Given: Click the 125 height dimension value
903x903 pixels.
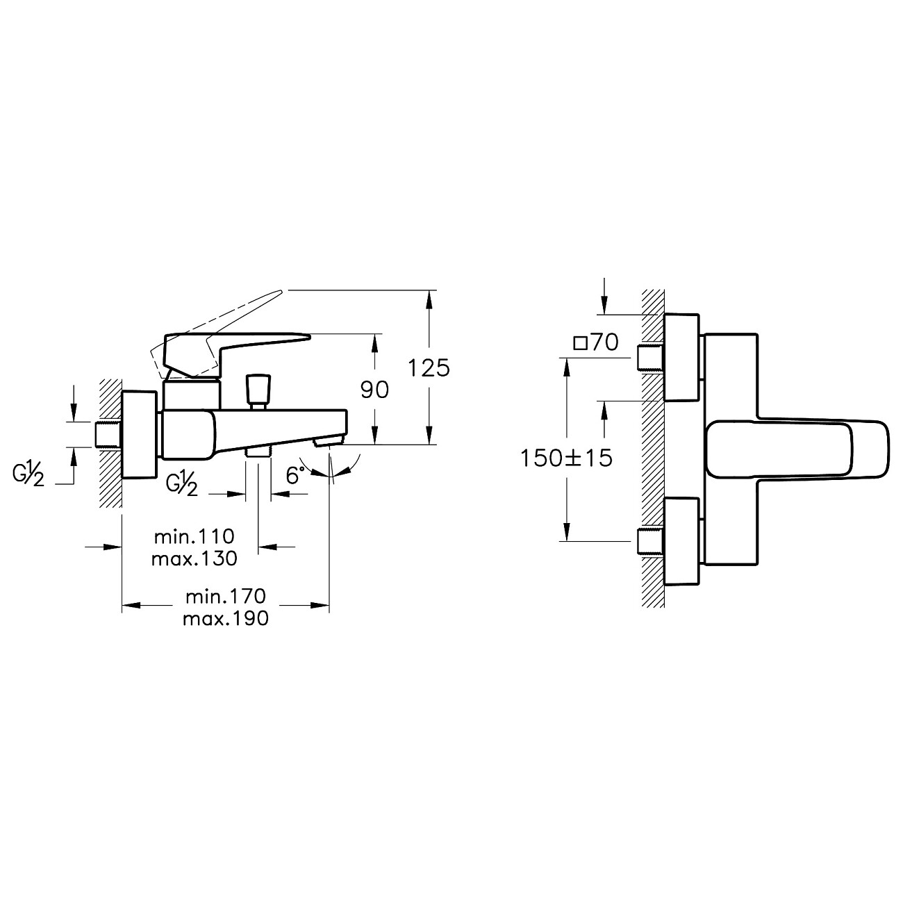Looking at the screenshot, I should point(429,367).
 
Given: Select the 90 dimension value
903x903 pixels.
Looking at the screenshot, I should point(374,390).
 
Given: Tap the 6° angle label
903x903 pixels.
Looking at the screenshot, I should point(296,475).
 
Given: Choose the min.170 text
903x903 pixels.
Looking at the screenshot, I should point(226,596).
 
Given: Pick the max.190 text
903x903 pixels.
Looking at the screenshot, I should point(226,618).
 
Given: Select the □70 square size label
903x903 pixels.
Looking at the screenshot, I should point(596,343).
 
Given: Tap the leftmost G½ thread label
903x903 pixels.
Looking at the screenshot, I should point(28,477).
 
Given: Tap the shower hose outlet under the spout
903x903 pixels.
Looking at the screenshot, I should point(258,450).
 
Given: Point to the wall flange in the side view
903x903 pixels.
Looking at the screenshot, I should point(141,435).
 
